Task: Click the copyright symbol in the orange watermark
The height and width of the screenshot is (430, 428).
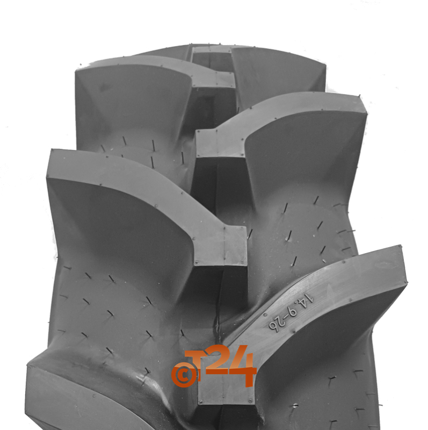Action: [184, 375]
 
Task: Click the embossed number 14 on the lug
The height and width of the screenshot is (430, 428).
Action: [308, 300]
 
